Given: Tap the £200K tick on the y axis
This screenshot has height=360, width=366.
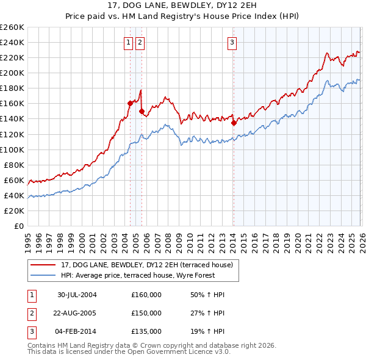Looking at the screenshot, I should click(x=12, y=73).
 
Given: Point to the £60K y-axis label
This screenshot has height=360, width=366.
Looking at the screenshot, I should click(x=14, y=180).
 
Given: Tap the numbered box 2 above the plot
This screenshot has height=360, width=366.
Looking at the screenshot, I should click(x=140, y=42).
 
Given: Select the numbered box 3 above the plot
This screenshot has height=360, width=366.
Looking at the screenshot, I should click(x=232, y=42).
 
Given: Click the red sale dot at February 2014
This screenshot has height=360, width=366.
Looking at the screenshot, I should click(x=234, y=122).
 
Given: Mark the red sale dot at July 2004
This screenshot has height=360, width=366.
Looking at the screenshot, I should click(x=130, y=103).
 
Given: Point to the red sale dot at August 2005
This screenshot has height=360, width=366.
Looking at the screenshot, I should click(x=142, y=111).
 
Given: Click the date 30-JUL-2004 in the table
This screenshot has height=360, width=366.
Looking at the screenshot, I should click(x=77, y=295).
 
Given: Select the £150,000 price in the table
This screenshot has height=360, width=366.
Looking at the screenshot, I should click(x=146, y=313).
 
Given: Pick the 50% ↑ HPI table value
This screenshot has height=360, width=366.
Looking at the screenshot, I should click(x=207, y=295).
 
